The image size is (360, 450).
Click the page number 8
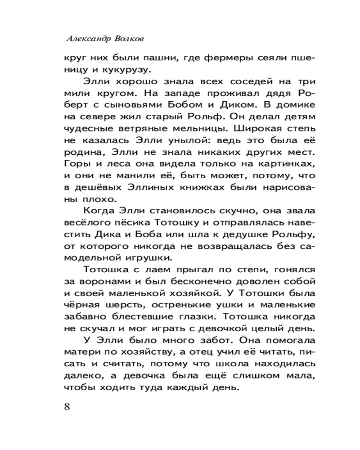tap(67, 406)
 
